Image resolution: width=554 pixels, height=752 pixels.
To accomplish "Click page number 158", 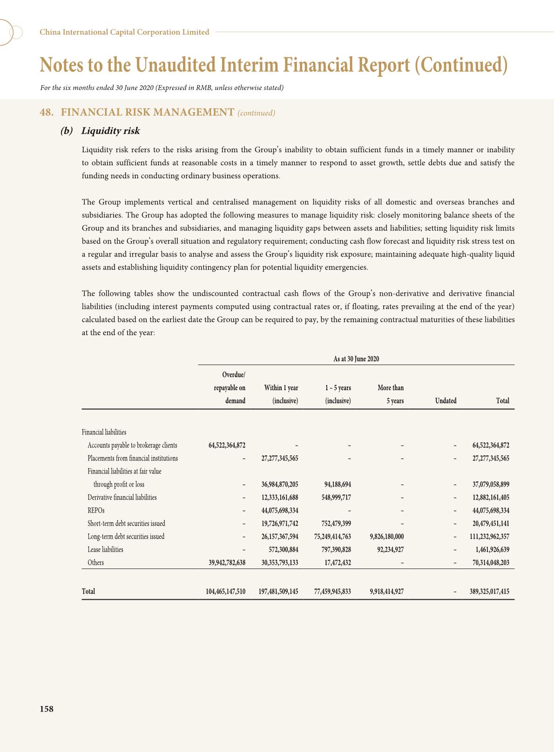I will pyautogui.click(x=47, y=709).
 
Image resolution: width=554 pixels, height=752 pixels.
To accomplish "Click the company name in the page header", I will pyautogui.click(x=124, y=32).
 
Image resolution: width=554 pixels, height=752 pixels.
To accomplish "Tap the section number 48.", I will pyautogui.click(x=46, y=112).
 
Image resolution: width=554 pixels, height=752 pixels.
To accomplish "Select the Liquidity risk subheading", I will pyautogui.click(x=110, y=131).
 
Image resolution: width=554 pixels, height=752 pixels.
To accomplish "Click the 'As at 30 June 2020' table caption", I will pyautogui.click(x=356, y=359).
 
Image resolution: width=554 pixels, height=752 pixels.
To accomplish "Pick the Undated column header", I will pyautogui.click(x=446, y=400).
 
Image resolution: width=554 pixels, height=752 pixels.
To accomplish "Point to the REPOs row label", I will pyautogui.click(x=96, y=510).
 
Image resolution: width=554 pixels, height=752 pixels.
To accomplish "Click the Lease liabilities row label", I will pyautogui.click(x=105, y=549).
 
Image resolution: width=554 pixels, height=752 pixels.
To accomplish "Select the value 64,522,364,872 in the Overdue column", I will pyautogui.click(x=227, y=445).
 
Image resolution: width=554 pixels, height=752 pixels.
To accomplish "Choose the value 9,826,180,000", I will pyautogui.click(x=386, y=536).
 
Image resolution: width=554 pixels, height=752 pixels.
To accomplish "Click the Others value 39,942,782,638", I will pyautogui.click(x=227, y=562).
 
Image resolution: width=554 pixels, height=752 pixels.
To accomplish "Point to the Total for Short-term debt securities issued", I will pyautogui.click(x=491, y=523).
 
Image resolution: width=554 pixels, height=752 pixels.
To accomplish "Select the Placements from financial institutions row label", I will pyautogui.click(x=133, y=458).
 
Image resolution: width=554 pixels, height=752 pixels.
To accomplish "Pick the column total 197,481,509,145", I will pyautogui.click(x=278, y=591).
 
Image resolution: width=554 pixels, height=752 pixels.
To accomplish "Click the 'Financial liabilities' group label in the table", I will pyautogui.click(x=104, y=432).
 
